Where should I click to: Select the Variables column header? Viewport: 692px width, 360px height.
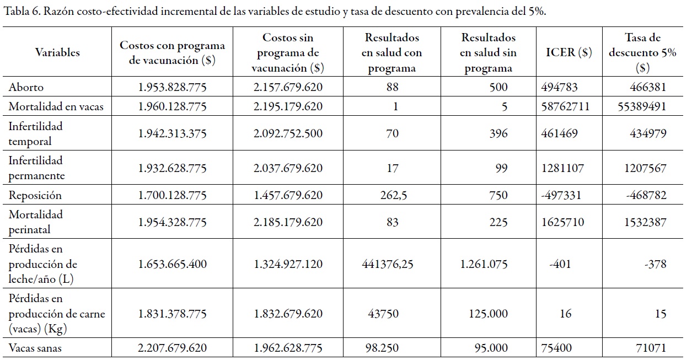click(57, 53)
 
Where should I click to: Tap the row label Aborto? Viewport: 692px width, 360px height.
click(26, 87)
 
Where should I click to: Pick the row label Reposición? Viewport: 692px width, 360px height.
click(35, 196)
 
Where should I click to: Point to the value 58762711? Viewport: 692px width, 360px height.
click(566, 106)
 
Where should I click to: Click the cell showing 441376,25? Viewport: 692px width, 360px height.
click(388, 264)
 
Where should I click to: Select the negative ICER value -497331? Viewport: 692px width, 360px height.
click(565, 196)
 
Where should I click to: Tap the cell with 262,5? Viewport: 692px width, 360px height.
click(393, 196)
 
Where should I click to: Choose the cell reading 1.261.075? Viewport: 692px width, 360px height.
click(484, 264)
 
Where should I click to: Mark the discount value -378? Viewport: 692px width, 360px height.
click(655, 264)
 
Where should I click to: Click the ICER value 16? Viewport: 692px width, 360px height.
click(565, 314)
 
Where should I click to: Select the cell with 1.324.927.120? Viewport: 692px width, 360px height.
click(288, 264)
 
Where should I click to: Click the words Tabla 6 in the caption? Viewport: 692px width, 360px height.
click(21, 12)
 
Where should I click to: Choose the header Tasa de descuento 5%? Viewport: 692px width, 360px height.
click(642, 53)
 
